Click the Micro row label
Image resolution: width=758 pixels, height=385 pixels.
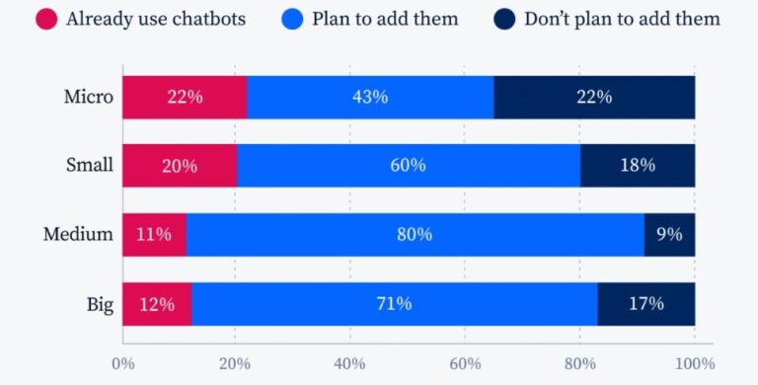[x=91, y=97]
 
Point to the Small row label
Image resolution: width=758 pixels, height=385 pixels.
[x=91, y=165]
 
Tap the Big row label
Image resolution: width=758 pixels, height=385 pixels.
[x=100, y=303]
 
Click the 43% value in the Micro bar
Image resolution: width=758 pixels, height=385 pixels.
[x=370, y=97]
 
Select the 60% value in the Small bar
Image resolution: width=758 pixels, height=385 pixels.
[x=408, y=165]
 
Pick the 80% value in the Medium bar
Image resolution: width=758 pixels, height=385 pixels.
[x=415, y=234]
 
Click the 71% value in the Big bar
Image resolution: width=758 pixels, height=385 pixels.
[x=393, y=303]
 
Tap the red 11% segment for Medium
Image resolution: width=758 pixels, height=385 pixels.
[x=154, y=234]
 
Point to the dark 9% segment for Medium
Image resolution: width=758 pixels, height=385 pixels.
[x=669, y=234]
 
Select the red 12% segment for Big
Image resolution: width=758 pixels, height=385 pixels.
[x=157, y=303]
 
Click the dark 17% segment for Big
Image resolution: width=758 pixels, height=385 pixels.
[x=645, y=303]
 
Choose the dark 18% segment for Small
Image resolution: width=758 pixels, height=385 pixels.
[x=637, y=165]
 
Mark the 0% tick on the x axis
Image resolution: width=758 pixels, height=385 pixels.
[x=122, y=363]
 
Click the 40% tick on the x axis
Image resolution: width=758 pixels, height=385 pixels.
[x=350, y=363]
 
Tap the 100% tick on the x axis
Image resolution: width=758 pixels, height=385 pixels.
[x=694, y=363]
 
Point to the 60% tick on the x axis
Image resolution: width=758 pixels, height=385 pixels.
[x=465, y=363]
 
